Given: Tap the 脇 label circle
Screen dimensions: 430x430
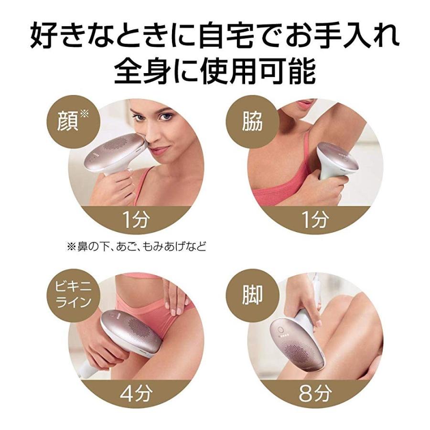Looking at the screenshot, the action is click(252, 121).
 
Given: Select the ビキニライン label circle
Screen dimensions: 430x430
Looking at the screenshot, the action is click(72, 295).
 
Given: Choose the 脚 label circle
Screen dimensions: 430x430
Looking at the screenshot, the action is click(252, 295).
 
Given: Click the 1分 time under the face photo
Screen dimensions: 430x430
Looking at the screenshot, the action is click(136, 220).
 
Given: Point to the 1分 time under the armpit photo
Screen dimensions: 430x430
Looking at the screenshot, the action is click(315, 220).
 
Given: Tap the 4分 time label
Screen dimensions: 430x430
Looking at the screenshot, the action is click(136, 394).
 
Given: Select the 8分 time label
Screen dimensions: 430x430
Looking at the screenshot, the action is click(315, 394).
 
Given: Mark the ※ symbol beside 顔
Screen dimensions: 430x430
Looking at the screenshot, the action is click(85, 114).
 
